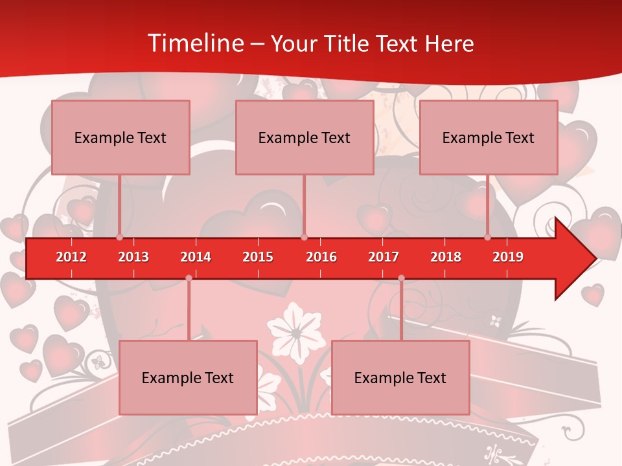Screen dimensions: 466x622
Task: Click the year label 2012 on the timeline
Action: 71,257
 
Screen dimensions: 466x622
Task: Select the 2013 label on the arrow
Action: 133,257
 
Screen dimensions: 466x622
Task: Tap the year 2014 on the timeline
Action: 196,257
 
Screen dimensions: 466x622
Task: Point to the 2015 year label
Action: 258,257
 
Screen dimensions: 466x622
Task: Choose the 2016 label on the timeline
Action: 321,257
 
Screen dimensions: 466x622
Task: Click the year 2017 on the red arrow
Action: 384,257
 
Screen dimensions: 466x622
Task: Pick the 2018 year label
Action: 446,257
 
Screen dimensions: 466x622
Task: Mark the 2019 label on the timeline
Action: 508,257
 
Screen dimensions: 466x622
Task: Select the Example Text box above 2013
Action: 121,137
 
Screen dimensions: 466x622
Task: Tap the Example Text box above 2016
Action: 305,137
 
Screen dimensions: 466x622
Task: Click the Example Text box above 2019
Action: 489,137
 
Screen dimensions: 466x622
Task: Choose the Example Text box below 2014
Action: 188,377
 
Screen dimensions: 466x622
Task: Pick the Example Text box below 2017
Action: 400,377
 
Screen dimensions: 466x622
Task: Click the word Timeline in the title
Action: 195,43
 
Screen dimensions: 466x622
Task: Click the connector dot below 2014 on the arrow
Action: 189,278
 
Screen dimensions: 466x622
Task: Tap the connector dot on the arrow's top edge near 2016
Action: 304,238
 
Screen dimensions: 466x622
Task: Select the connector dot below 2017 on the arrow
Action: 401,278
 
